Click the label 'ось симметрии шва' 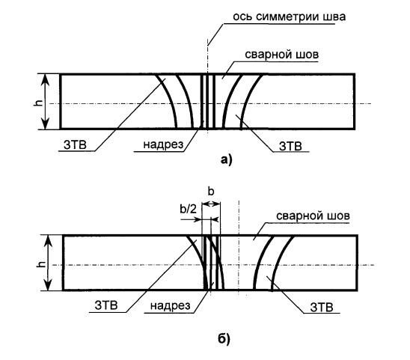click(290, 16)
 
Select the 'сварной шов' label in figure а click(282, 55)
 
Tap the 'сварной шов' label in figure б click(313, 216)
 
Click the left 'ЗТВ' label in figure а click(75, 144)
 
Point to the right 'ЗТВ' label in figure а click(290, 146)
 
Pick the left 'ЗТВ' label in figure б click(106, 305)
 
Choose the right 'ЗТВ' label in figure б click(322, 307)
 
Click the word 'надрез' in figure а click(163, 144)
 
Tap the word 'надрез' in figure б click(171, 305)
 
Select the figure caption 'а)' click(226, 159)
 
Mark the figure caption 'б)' click(224, 340)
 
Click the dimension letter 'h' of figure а click(38, 103)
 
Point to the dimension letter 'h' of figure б click(41, 264)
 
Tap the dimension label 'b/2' click(188, 209)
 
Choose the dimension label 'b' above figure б click(211, 192)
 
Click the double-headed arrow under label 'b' click(211, 204)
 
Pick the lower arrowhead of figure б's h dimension click(49, 285)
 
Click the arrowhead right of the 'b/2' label click(198, 219)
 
